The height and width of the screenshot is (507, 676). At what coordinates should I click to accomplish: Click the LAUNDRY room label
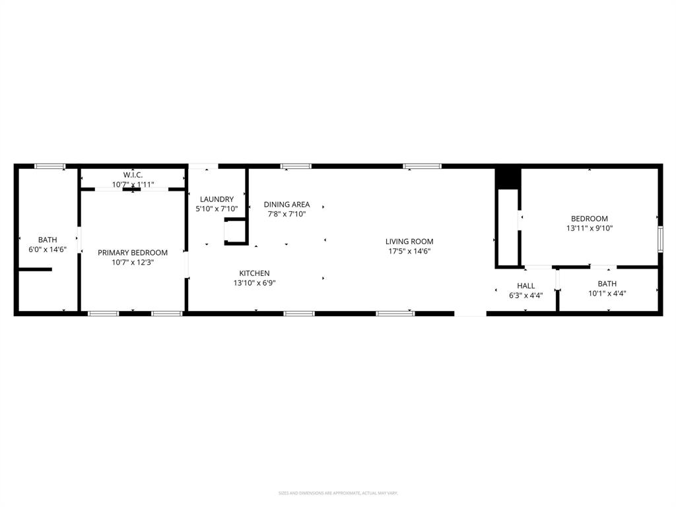(x=217, y=199)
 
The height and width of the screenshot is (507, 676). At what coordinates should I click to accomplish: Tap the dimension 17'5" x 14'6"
(x=409, y=251)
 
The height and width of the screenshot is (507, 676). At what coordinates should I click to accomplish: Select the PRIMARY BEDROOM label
(x=133, y=252)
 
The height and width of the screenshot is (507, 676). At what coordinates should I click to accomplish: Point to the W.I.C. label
(x=133, y=175)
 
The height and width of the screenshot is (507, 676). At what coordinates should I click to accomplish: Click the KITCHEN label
(x=254, y=273)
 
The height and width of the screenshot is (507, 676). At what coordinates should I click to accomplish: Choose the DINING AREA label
(x=287, y=205)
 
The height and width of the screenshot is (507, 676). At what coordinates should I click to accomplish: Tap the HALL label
(x=526, y=286)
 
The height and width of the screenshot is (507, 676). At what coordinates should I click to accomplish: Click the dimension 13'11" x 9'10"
(x=590, y=228)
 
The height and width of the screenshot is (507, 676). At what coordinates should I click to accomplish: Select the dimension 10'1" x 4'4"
(x=607, y=294)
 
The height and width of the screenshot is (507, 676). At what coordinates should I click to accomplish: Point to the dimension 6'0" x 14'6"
(x=48, y=250)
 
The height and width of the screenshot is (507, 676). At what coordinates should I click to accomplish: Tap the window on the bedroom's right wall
(x=659, y=239)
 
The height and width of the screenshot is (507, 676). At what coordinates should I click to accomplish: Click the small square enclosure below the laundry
(x=235, y=232)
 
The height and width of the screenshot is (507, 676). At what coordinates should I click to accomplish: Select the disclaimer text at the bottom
(x=338, y=492)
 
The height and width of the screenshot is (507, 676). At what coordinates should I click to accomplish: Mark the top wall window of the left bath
(x=50, y=166)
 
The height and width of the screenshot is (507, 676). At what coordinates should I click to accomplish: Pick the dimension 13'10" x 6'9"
(x=254, y=283)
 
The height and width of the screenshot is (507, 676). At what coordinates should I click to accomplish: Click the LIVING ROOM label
(x=409, y=242)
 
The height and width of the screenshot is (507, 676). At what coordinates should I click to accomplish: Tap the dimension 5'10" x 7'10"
(x=217, y=209)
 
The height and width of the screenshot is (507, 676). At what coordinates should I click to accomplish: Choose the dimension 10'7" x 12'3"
(x=133, y=262)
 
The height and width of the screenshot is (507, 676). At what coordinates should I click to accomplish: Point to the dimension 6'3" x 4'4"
(x=526, y=295)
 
